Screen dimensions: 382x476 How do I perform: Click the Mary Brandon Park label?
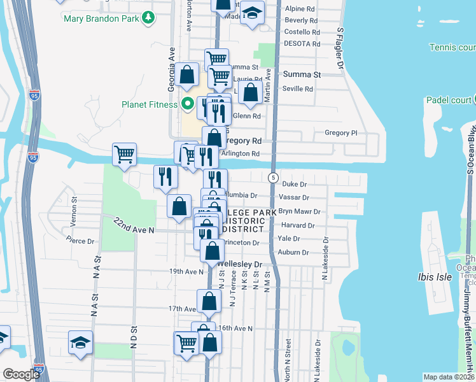101,18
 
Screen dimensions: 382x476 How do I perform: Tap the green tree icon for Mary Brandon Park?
148,17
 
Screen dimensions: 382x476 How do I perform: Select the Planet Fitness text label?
148,104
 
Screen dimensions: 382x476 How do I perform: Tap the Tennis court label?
452,47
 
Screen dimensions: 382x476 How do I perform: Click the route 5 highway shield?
272,177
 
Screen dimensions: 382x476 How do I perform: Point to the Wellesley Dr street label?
240,264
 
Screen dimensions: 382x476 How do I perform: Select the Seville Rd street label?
298,89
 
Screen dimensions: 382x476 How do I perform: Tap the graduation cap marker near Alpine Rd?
252,14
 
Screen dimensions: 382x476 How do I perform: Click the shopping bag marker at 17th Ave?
209,301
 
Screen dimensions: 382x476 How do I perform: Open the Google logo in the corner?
21,374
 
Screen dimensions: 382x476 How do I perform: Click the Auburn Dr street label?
293,253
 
